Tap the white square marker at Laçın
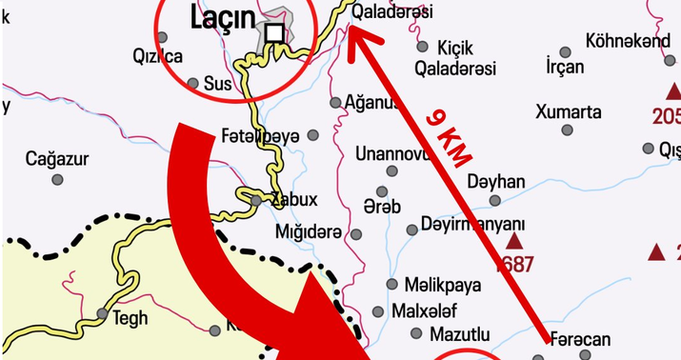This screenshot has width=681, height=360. tap(274, 34)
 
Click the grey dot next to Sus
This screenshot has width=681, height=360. tap(193, 84)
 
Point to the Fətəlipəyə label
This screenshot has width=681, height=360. tap(260, 134)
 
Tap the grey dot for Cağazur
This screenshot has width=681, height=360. tap(57, 179)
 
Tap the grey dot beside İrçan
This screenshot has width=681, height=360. tap(566, 51)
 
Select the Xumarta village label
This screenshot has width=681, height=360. tap(569, 111)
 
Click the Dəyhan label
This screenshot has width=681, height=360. tap(496, 181)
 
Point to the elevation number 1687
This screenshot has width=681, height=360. tap(514, 265)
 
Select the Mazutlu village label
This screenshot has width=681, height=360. tap(459, 334)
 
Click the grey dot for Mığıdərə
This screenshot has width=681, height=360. tap(356, 234)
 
